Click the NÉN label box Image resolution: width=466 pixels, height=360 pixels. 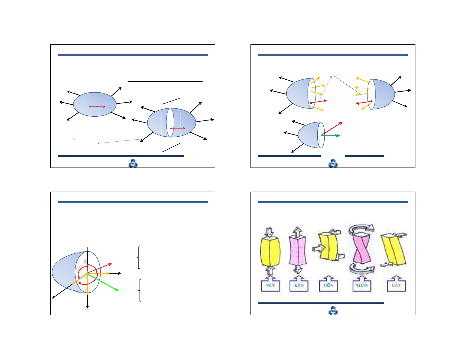click(270, 285)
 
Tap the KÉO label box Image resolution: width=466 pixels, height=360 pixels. click(299, 285)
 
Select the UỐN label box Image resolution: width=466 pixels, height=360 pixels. click(328, 285)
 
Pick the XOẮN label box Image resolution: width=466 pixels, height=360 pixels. click(362, 285)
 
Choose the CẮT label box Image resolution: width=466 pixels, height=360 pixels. click(396, 285)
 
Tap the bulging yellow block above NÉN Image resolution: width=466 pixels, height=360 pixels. click(270, 251)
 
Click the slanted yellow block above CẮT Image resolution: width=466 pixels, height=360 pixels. click(393, 249)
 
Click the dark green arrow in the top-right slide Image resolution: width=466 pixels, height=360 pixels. click(330, 135)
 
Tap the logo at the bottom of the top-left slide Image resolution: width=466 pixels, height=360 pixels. click(133, 163)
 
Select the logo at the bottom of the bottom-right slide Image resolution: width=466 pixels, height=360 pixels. click(333, 310)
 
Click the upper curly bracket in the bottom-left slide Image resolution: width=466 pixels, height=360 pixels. click(138, 257)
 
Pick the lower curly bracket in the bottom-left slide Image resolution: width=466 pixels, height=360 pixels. click(140, 290)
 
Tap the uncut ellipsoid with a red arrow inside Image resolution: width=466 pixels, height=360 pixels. click(95, 104)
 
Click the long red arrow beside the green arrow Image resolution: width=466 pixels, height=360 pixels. click(332, 128)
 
